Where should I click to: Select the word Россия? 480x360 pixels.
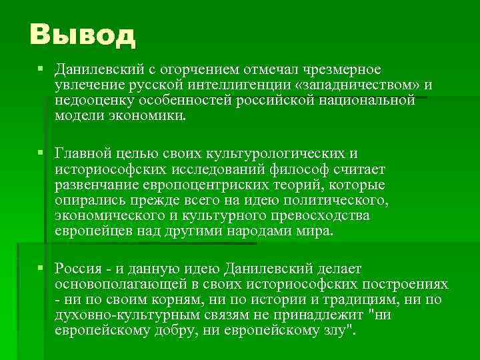coord(79,269)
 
